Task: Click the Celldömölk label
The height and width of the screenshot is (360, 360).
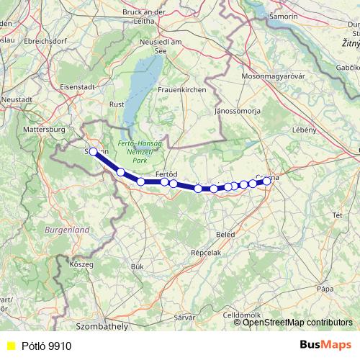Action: pyautogui.click(x=246, y=315)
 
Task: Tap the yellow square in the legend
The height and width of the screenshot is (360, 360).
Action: pyautogui.click(x=10, y=346)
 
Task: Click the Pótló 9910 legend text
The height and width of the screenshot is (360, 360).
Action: pyautogui.click(x=46, y=346)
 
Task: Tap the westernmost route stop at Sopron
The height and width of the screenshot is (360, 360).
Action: pyautogui.click(x=93, y=151)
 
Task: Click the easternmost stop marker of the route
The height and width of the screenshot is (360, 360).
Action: pyautogui.click(x=266, y=181)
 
